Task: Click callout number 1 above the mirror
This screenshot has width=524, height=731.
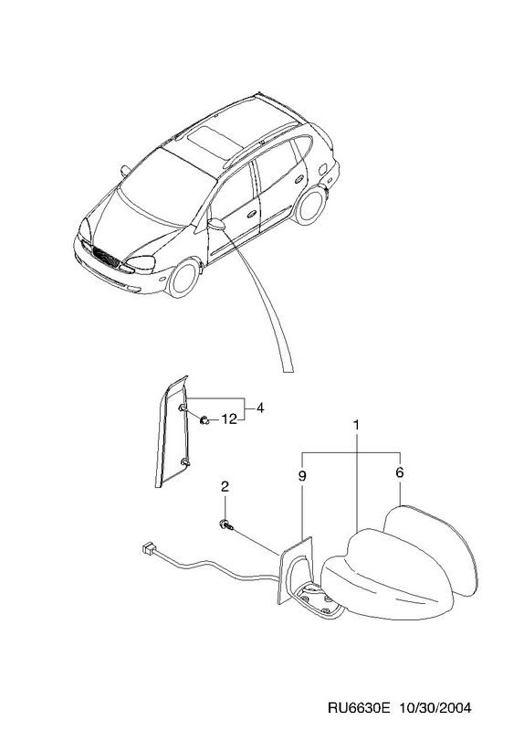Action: (356, 426)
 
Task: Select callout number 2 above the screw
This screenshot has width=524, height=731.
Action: (225, 487)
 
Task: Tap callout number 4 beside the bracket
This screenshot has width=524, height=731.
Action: (260, 408)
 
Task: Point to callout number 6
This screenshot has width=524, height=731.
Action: (400, 472)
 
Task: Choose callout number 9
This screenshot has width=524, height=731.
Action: (302, 476)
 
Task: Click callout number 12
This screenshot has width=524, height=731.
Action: (229, 419)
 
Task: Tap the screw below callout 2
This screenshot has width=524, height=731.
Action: (226, 524)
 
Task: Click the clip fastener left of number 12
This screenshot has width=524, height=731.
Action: (204, 420)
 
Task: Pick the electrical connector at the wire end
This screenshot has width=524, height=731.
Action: (150, 550)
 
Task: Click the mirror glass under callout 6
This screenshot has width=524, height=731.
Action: (431, 550)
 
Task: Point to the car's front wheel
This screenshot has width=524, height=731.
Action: (184, 279)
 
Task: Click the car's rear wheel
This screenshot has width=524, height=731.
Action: (309, 205)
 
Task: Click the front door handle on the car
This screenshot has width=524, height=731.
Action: (252, 214)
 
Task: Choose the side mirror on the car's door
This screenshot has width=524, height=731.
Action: (216, 224)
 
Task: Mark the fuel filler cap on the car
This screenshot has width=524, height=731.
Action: (321, 168)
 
